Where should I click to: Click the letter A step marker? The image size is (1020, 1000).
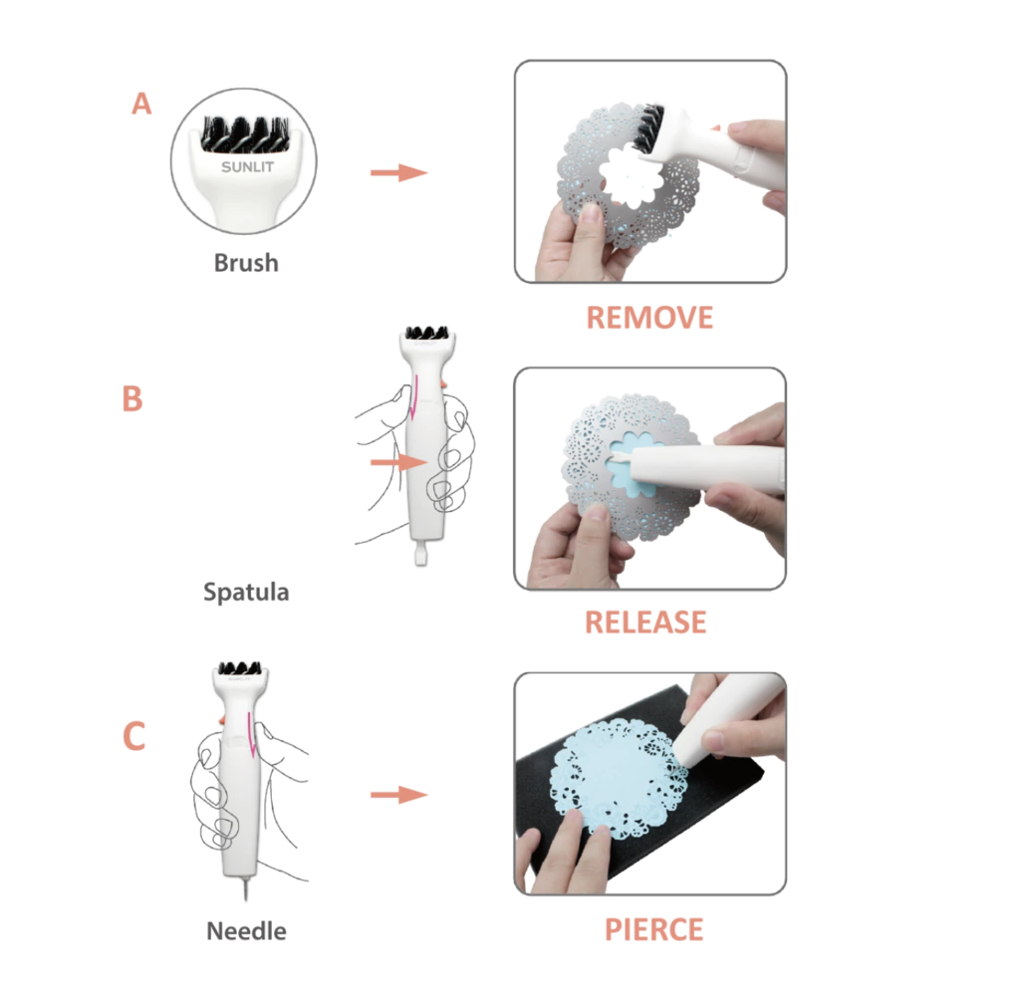coord(141,105)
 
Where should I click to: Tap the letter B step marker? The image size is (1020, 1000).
coord(132,398)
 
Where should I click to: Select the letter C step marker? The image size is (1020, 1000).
coord(134,736)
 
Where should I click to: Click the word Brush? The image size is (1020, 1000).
coord(246,263)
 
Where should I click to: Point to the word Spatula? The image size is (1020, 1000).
coord(246,592)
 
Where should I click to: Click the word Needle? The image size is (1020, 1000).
coord(246,931)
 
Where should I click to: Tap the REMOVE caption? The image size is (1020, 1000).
coord(649,318)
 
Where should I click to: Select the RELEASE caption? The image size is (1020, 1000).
coord(645,622)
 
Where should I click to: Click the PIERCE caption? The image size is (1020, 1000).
coord(653,929)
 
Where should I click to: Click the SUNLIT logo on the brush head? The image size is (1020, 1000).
coord(247,167)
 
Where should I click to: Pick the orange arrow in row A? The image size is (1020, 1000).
coord(398,172)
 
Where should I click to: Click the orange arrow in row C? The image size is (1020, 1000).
coord(398,795)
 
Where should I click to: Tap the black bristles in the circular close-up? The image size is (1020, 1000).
coord(245,134)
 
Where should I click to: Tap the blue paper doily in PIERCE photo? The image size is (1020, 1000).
coord(618,778)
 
